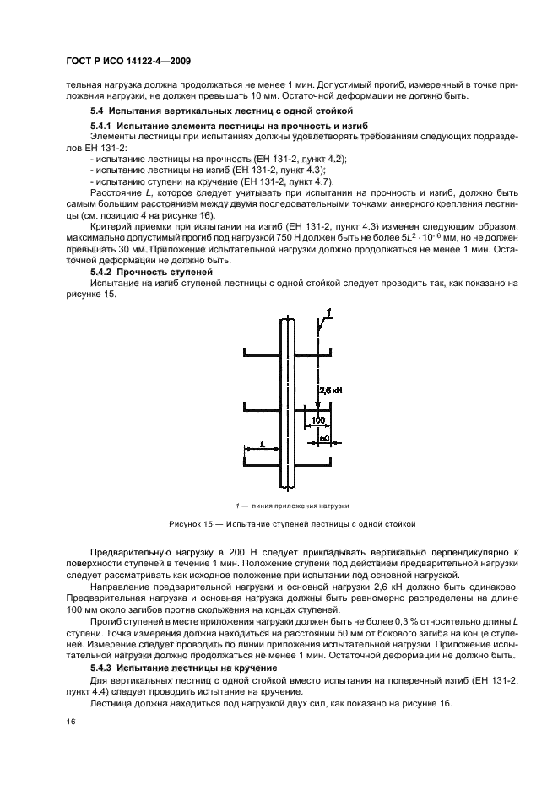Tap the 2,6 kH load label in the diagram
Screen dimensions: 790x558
(x=331, y=391)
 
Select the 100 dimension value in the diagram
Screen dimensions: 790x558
(x=318, y=419)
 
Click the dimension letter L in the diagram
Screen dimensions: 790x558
(x=263, y=443)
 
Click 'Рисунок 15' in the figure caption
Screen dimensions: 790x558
(x=191, y=524)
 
